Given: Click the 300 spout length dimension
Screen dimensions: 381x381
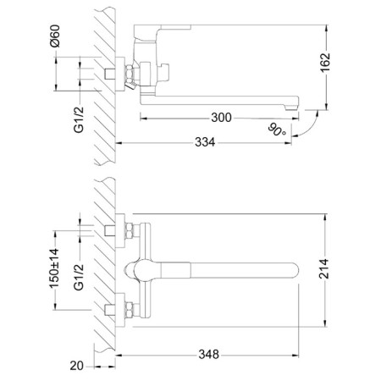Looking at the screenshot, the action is coord(221,118).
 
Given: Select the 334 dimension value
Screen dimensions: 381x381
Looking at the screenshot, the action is coord(205,142).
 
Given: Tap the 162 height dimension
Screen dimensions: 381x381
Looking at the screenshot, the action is coord(325,63).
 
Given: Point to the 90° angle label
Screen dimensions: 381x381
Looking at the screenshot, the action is coord(276,130).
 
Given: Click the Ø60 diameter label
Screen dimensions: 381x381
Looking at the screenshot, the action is coord(55,36).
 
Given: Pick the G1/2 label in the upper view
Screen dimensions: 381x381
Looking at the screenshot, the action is coord(79,119).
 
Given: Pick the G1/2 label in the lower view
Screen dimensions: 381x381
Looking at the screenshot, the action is coord(79,277).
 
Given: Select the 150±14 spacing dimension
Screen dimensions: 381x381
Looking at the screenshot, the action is coord(55,268).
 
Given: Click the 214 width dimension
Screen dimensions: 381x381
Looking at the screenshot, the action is coord(324,268).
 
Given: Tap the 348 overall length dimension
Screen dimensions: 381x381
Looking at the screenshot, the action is coord(208,355).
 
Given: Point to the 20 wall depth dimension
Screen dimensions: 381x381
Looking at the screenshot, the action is coord(77,366).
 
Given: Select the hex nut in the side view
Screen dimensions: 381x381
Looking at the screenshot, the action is coord(130,74).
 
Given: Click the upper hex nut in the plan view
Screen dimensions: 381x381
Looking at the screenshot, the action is coord(130,231).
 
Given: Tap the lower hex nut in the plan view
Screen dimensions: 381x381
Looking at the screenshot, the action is coord(130,311).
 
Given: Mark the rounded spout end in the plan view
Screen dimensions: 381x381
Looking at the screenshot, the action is coord(294,270).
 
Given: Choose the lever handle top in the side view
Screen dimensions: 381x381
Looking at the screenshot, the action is coord(163,27).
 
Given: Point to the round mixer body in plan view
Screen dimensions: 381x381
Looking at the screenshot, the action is coord(143,270).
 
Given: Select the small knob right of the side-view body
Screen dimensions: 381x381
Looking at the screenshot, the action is coord(164,72).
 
